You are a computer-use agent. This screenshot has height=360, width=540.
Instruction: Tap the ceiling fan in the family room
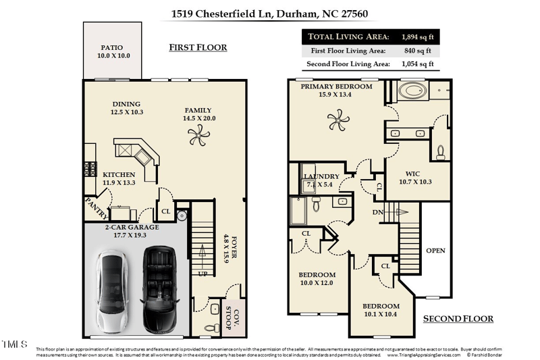197,138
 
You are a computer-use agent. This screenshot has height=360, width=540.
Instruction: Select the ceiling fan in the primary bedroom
336,122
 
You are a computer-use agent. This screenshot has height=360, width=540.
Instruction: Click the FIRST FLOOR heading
197,47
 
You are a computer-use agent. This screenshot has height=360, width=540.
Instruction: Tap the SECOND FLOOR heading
458,318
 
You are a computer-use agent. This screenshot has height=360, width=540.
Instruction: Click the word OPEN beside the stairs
435,251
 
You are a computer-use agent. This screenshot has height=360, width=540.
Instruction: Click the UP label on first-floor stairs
201,274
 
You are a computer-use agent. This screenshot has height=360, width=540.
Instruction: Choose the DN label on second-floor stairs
379,212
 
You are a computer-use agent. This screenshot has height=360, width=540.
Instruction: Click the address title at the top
269,13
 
